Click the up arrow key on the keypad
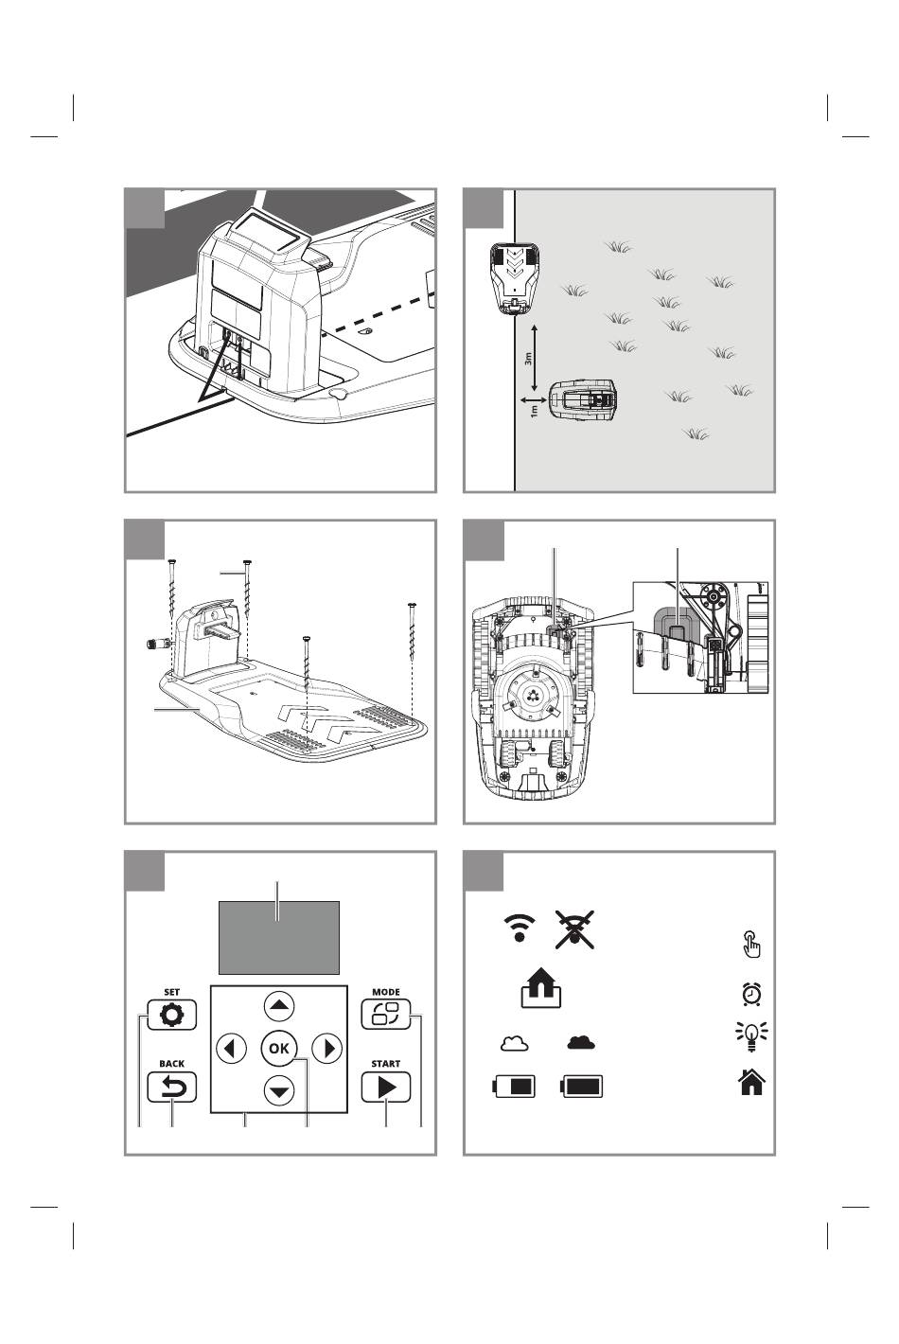279,1005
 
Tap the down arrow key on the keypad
279,1090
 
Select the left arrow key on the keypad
231,1048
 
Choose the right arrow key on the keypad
326,1048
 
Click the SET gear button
171,1015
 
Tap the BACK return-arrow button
171,1087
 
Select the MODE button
386,1014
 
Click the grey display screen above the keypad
279,937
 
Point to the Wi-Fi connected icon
519,928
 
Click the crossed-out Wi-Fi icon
574,929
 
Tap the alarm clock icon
751,994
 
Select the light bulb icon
751,1036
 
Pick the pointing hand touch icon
751,945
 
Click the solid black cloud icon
580,1042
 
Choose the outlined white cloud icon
515,1043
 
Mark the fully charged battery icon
581,1086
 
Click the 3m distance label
528,359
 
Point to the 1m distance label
535,411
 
